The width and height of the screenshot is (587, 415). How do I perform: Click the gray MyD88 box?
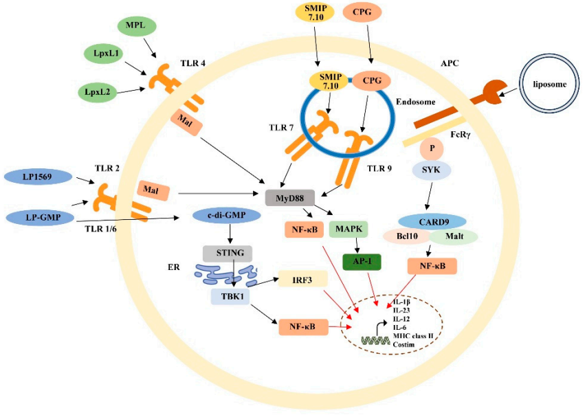pos(288,198)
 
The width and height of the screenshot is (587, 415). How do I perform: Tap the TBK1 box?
pos(230,295)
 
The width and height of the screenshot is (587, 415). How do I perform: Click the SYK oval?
pos(431,168)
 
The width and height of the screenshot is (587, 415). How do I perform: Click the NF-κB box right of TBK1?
pos(304,326)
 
